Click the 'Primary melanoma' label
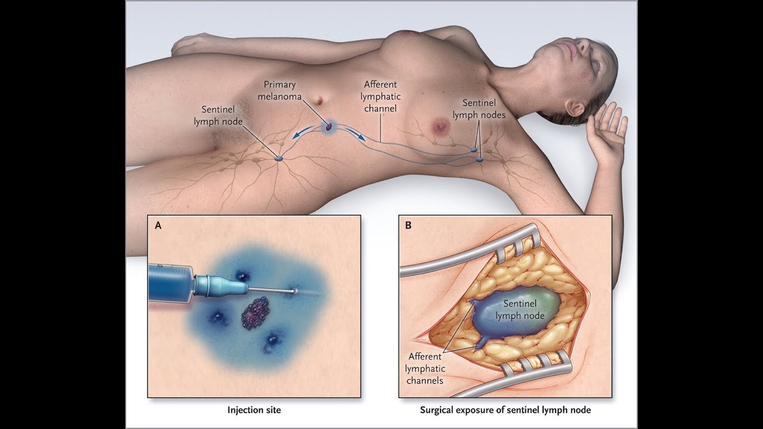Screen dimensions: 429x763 (280, 91)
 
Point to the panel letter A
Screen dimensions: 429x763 (158, 226)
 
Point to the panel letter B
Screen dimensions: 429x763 (408, 226)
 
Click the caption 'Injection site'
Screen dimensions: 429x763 (254, 410)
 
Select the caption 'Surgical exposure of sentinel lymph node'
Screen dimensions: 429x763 (505, 410)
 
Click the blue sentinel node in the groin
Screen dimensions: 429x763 (279, 159)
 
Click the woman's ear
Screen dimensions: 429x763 (575, 108)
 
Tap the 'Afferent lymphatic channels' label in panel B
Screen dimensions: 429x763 (425, 368)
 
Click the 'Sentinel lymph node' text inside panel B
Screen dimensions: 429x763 (520, 309)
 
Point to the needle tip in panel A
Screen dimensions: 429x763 (294, 291)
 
